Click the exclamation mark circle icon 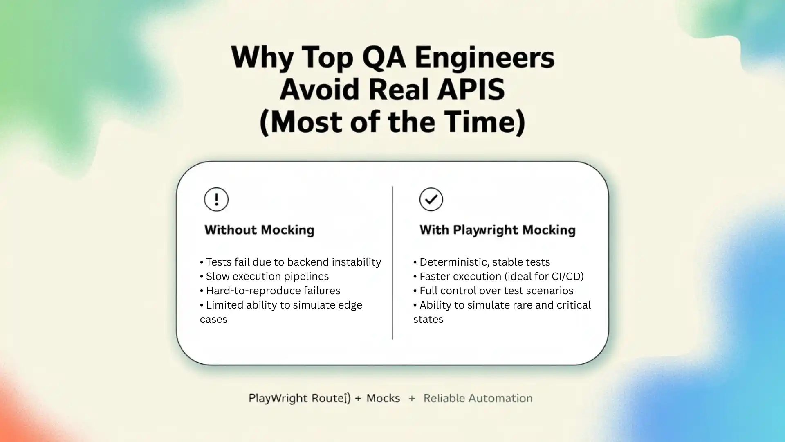click(216, 199)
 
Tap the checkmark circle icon click(431, 199)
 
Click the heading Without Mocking click(259, 230)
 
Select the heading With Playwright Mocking click(497, 230)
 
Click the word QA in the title click(384, 57)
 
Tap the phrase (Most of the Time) click(392, 122)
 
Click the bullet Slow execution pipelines click(267, 276)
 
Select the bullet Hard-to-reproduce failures click(273, 291)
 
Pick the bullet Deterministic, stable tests click(484, 262)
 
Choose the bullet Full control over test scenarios click(496, 291)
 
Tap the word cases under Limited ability click(213, 319)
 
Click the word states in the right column click(428, 319)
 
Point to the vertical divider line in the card click(392, 262)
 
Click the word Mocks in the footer click(383, 398)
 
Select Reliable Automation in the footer click(478, 398)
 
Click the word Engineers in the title click(484, 57)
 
